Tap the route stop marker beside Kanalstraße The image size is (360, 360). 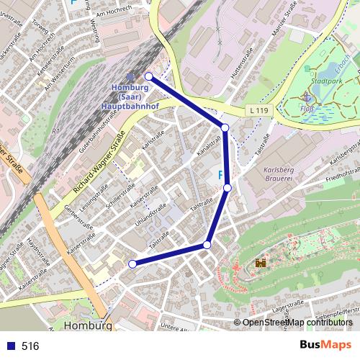pyautogui.click(x=225, y=127)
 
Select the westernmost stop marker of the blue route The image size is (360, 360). pyautogui.click(x=132, y=264)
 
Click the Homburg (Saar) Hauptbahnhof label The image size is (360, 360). pyautogui.click(x=130, y=96)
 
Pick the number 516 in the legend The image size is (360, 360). pyautogui.click(x=30, y=346)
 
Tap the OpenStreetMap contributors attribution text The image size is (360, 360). pyautogui.click(x=297, y=323)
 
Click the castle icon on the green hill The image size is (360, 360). pyautogui.click(x=260, y=264)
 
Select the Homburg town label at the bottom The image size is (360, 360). pyautogui.click(x=88, y=326)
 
